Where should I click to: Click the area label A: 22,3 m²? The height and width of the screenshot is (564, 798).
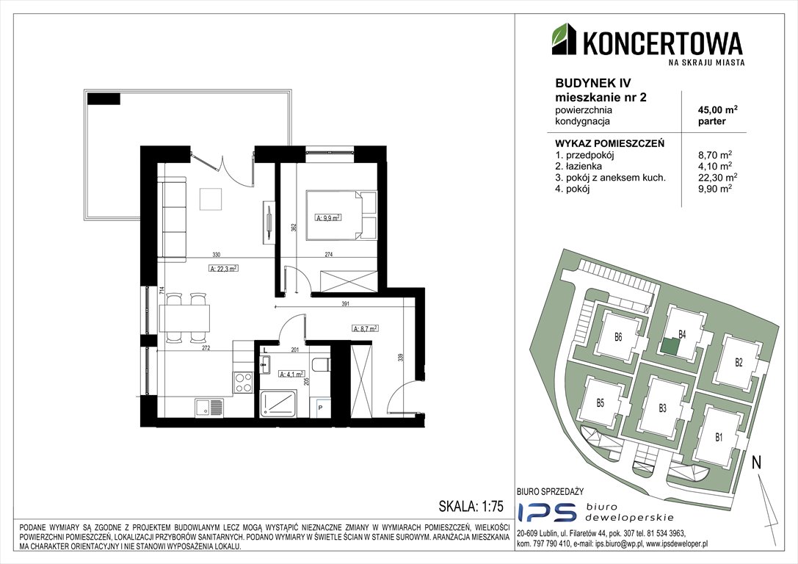[x=223, y=269]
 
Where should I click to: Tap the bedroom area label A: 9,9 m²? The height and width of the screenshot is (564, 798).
[x=328, y=217]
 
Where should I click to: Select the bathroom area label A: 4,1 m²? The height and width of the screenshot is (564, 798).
[x=291, y=374]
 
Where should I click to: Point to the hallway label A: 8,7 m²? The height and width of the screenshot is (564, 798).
[x=365, y=329]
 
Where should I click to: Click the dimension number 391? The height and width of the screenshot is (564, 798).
[x=345, y=304]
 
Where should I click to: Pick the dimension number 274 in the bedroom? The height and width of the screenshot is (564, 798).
[x=329, y=255]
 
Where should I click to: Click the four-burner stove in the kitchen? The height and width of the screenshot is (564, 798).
[x=243, y=383]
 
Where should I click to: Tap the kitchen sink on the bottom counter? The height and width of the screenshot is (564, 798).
[x=208, y=407]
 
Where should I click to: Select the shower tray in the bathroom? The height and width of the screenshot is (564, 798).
[x=278, y=403]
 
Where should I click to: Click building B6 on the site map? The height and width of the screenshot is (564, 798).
[x=617, y=337]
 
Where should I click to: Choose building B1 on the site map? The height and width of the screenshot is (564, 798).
[x=719, y=437]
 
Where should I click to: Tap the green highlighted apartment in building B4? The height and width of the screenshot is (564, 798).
[x=670, y=347]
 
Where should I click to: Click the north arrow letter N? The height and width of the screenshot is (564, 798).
[x=757, y=463]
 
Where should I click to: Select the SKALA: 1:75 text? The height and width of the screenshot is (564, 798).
[x=471, y=506]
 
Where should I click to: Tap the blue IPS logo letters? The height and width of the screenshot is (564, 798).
[x=547, y=512]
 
